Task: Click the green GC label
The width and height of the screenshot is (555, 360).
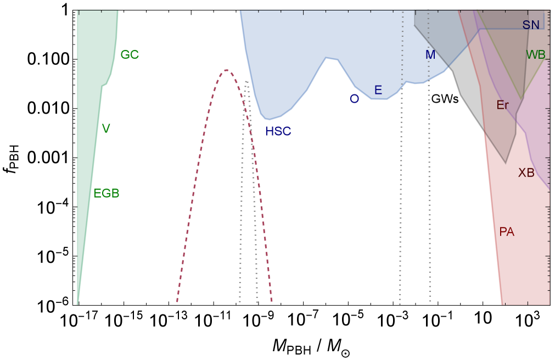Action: (130, 55)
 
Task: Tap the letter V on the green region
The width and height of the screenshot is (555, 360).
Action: (106, 128)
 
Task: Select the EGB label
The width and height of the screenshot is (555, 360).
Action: (106, 193)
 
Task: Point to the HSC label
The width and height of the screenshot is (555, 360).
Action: (278, 132)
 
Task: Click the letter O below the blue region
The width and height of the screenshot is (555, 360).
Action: (354, 99)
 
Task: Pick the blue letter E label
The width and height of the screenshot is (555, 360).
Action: (378, 91)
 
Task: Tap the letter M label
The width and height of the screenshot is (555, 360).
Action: (430, 55)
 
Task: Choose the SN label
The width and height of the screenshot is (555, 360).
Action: (531, 25)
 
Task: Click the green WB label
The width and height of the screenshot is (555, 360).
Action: (536, 55)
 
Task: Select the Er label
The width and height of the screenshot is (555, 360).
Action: (502, 105)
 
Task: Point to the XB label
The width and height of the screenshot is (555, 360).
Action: (526, 173)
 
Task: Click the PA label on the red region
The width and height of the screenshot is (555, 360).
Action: (507, 232)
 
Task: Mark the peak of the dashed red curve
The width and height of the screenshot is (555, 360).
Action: (226, 70)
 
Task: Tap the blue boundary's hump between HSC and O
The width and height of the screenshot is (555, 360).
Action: (328, 59)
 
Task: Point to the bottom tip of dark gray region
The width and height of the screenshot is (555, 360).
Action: (506, 163)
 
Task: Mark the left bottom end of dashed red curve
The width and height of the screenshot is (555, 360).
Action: (177, 302)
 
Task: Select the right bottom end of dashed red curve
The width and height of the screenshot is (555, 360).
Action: (272, 302)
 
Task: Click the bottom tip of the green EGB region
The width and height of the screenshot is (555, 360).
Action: (77, 303)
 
